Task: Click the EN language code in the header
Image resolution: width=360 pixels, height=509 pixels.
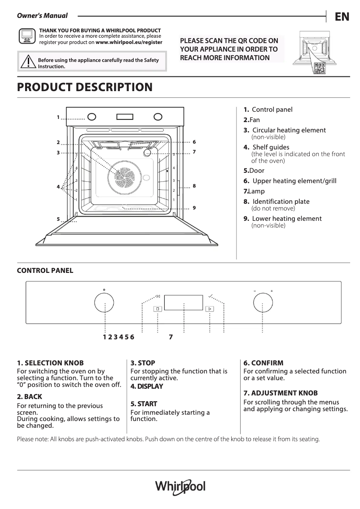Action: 342,17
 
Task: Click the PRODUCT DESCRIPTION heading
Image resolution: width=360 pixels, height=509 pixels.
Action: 84,87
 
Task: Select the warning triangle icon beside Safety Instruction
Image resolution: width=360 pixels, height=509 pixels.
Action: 27,61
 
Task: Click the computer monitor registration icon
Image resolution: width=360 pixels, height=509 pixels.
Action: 26,36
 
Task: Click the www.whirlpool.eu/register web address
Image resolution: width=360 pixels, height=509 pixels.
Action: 129,42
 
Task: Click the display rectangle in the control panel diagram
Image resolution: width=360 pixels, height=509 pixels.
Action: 184,303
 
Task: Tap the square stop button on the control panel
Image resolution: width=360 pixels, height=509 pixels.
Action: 158,309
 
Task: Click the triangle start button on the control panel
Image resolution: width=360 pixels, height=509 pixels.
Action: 210,309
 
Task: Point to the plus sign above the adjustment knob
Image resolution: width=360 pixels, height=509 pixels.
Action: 272,291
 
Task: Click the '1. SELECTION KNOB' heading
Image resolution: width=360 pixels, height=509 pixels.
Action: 50,363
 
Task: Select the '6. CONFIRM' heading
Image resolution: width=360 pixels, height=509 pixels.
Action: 263,363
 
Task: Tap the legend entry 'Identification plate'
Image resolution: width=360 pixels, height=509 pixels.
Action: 281,202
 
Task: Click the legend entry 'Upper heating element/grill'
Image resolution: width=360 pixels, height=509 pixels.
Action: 294,181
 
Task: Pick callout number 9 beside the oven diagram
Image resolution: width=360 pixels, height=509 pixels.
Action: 194,208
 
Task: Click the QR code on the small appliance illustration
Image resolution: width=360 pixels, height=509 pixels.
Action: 320,69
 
